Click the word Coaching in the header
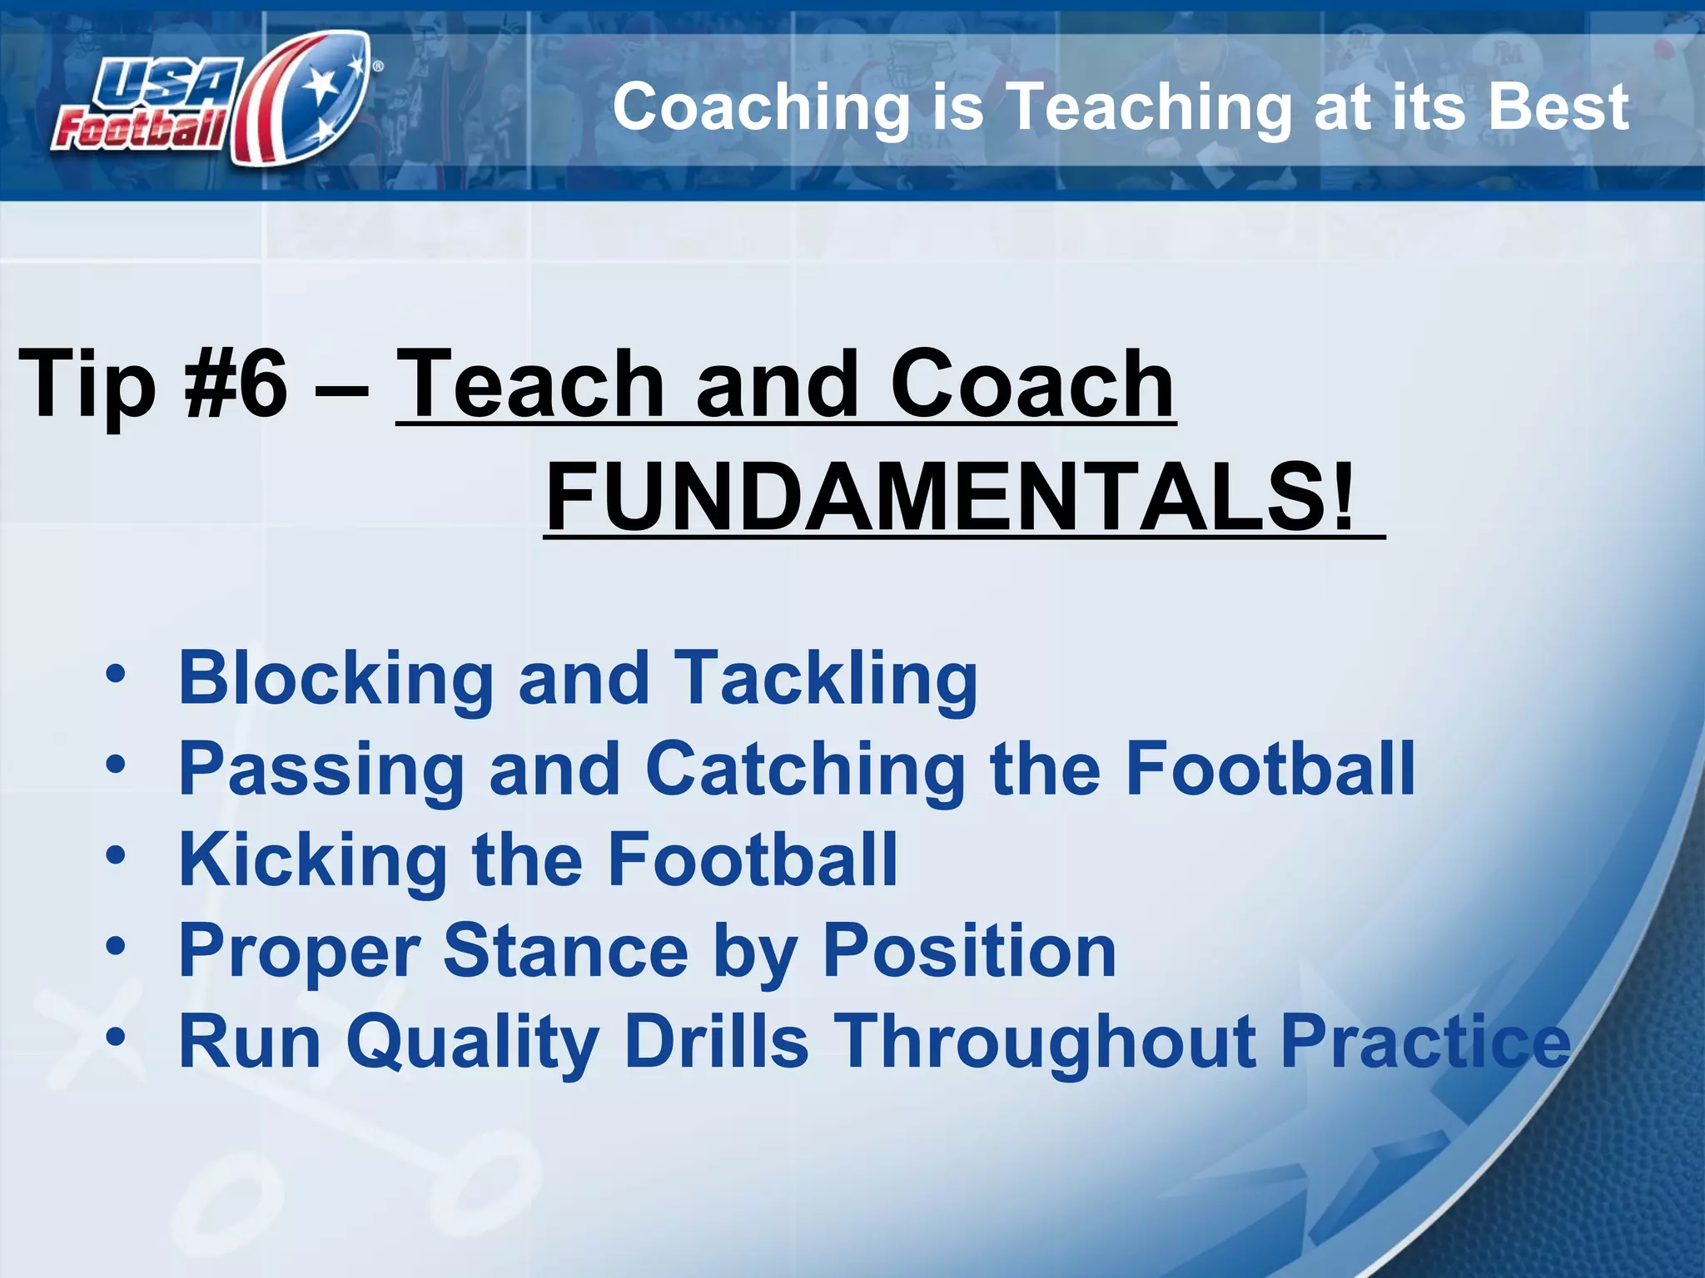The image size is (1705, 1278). [x=761, y=108]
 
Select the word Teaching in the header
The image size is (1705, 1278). [x=1149, y=108]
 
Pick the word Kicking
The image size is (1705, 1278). [x=313, y=861]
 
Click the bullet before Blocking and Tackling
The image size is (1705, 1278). [x=116, y=673]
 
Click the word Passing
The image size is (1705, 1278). [x=321, y=770]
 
